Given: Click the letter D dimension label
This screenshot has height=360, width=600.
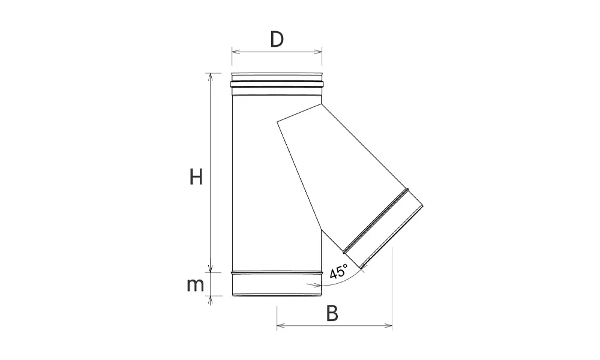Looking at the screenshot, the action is click(x=277, y=39).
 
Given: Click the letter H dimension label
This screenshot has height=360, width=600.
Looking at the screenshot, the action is click(x=196, y=177).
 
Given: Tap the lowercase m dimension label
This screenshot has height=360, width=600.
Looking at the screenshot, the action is click(x=195, y=286).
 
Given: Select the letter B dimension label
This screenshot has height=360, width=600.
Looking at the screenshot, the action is click(x=332, y=313).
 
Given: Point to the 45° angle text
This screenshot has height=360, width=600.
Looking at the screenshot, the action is click(x=338, y=271).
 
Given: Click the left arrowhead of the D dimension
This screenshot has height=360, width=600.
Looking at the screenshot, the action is click(x=236, y=52).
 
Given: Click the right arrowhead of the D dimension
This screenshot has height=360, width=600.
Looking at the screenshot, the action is click(x=318, y=52).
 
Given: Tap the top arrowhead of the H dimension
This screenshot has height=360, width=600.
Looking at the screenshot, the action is click(x=209, y=77).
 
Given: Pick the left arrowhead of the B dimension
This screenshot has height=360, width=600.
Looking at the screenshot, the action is click(x=281, y=326).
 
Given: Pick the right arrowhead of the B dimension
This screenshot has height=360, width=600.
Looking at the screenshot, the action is click(x=388, y=326).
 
